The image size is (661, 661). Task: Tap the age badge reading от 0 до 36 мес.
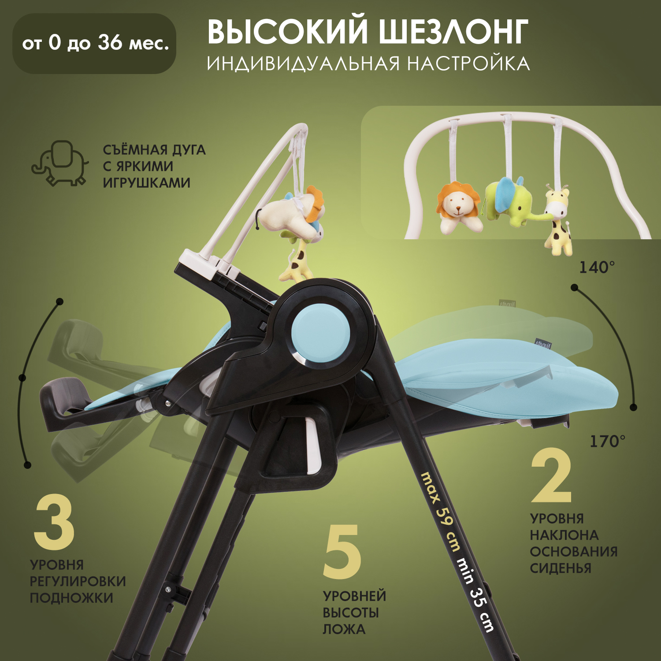(x=94, y=43)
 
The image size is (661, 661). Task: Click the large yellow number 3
(x=54, y=523)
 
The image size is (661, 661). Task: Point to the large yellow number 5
(x=342, y=552)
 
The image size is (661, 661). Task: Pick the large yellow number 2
(x=552, y=476)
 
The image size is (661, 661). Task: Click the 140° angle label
(x=597, y=267)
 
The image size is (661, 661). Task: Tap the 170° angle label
(x=607, y=441)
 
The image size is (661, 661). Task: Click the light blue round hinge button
(x=320, y=333)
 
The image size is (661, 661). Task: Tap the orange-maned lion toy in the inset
(x=458, y=207)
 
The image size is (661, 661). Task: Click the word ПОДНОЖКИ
(x=71, y=598)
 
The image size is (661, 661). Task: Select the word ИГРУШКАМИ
(x=147, y=182)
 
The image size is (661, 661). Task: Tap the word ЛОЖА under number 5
(x=344, y=629)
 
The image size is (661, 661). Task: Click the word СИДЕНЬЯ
(x=560, y=568)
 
